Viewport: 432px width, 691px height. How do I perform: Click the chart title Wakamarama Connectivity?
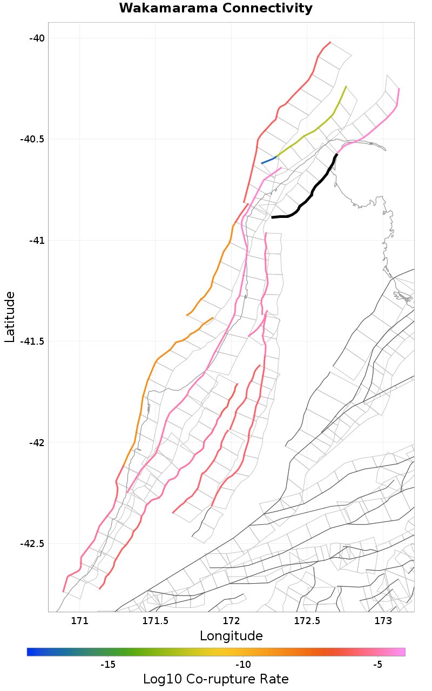(x=215, y=9)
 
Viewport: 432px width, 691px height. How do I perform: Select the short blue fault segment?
(x=269, y=160)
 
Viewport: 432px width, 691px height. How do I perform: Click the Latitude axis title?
(x=10, y=317)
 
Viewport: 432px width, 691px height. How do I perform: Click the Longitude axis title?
(x=231, y=636)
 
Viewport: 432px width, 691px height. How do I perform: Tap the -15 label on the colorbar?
(x=108, y=665)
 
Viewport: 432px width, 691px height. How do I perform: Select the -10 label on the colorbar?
(x=243, y=665)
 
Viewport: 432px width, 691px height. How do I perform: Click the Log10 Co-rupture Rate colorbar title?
(x=215, y=679)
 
